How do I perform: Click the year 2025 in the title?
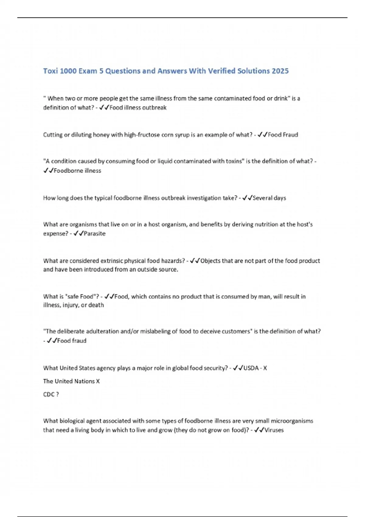point(280,71)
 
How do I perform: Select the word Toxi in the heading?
point(50,71)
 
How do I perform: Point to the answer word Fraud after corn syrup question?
point(290,135)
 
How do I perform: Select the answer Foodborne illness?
point(77,171)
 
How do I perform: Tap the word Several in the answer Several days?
point(262,198)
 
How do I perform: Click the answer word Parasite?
point(95,234)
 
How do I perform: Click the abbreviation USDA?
point(251,368)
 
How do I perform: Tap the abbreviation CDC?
point(49,394)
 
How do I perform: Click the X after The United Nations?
point(98,381)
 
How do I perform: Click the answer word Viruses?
point(274,430)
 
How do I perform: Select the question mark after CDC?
point(57,394)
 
